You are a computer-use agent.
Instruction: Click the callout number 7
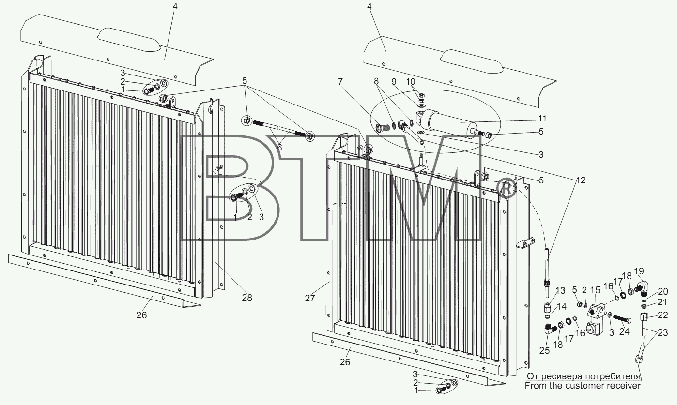point(340,82)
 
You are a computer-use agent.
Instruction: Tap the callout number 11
point(542,119)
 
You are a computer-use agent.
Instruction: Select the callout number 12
point(581,180)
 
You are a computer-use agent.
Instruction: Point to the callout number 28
point(247,298)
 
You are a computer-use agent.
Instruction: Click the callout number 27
point(310,298)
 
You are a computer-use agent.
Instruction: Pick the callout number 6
point(279,148)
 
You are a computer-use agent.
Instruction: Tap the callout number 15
point(596,290)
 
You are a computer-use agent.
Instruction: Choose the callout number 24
point(624,331)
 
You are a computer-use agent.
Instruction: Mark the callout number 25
point(545,351)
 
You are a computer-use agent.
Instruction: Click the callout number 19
point(639,271)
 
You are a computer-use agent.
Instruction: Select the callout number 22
point(663,315)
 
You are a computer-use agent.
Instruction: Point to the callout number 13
point(560,291)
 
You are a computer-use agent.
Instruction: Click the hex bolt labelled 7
point(382,128)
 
